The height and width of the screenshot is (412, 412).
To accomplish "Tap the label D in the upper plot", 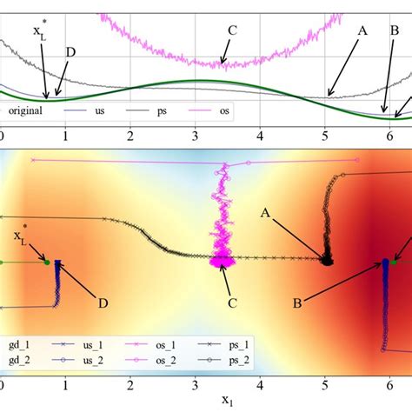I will point(70,52).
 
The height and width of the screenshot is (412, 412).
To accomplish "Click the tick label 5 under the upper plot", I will point(325,136).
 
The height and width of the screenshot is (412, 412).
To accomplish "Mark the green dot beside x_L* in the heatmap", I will point(47,261).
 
